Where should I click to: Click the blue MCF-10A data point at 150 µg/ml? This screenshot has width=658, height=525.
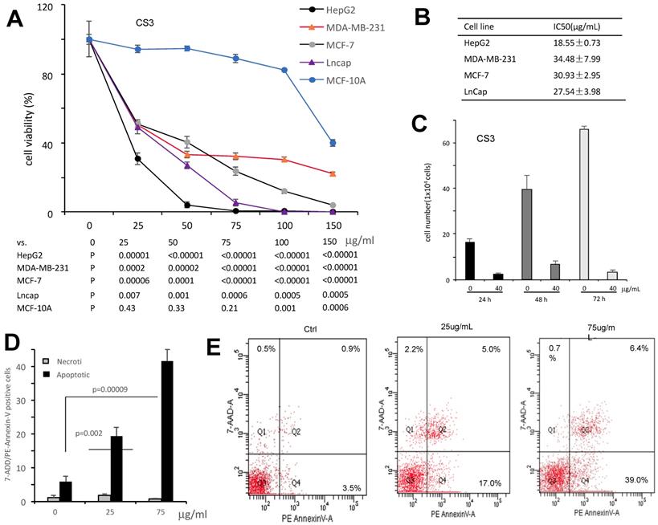(333, 143)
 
